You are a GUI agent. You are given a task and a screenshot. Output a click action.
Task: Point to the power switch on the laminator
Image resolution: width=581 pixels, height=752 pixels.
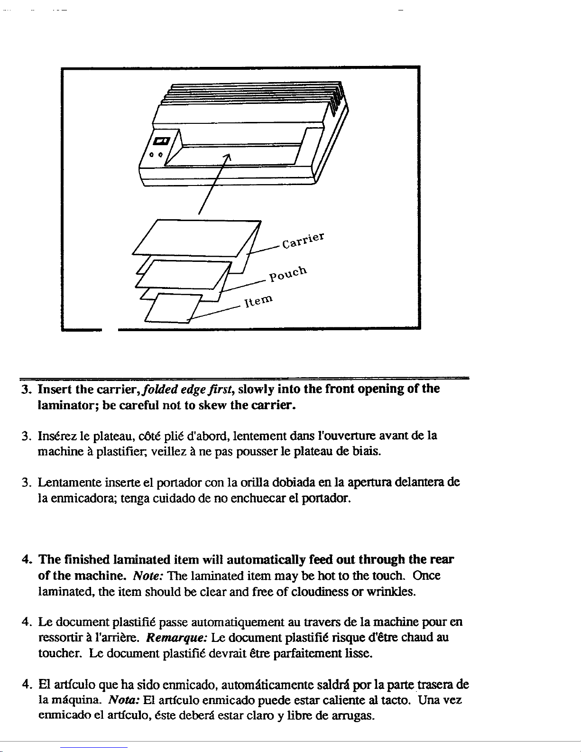162,141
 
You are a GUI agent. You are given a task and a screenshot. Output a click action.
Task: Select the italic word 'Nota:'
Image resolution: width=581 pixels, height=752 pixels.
123,700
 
